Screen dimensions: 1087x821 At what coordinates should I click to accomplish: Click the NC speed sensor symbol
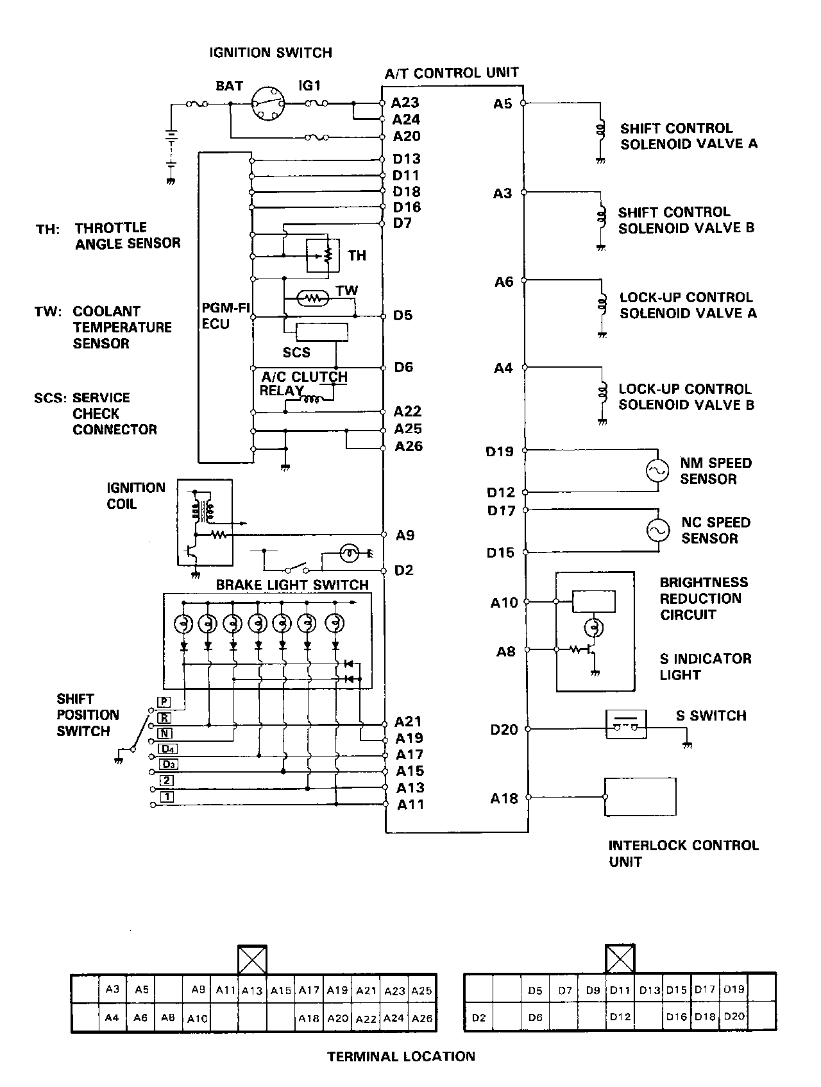pos(657,530)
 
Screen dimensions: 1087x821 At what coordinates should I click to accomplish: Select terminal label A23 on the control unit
pos(405,103)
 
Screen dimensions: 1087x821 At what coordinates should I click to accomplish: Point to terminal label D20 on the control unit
pos(504,730)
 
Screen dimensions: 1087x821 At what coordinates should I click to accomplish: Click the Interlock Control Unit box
pos(640,798)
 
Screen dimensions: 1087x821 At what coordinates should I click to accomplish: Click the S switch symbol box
pos(626,724)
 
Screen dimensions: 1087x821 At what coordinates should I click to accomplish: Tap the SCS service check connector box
pos(321,332)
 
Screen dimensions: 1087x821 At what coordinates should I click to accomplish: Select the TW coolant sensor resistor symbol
pos(313,298)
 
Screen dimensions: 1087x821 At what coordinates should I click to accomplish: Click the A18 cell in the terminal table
pos(309,1018)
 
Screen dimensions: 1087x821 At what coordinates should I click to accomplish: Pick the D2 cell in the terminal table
pos(478,1018)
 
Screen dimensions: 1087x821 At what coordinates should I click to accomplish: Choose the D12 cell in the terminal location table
pos(620,1017)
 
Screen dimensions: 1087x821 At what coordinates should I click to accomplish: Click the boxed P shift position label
pos(164,702)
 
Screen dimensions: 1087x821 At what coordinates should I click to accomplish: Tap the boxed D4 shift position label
pos(168,749)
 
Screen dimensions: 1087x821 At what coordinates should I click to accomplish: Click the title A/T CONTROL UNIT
pos(452,73)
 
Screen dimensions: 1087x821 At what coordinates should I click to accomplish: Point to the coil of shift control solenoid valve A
pos(601,130)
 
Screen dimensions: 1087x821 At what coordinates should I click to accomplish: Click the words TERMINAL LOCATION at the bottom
pos(402,1056)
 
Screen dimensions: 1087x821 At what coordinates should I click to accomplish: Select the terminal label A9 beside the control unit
pos(405,535)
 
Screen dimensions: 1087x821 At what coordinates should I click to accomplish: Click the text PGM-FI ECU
pos(225,316)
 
